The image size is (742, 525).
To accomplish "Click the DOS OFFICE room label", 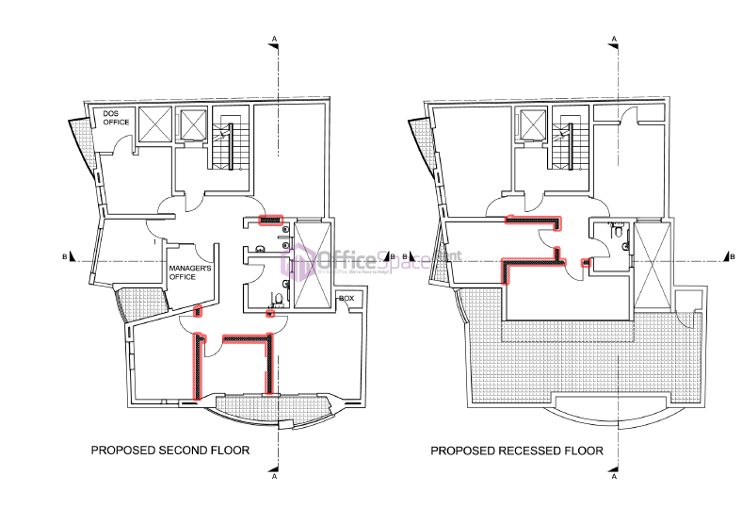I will tap(116, 118).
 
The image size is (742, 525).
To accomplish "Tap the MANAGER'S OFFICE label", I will tap(189, 273).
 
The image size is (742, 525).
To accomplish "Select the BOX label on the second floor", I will tap(347, 298).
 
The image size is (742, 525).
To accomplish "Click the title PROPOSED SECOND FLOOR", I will tap(170, 451).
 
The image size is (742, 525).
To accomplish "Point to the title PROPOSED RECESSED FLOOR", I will tap(517, 451).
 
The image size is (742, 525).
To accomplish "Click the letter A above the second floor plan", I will tap(274, 38).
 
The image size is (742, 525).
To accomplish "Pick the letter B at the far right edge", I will tap(733, 255).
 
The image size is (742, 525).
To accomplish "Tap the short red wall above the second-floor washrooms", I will tap(270, 221).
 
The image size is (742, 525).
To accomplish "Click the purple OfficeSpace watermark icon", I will tap(301, 261).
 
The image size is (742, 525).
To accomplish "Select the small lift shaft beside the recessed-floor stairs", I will tap(534, 125).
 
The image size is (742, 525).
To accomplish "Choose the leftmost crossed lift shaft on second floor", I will tap(154, 124).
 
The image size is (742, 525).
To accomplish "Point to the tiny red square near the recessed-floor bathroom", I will tap(588, 263).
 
